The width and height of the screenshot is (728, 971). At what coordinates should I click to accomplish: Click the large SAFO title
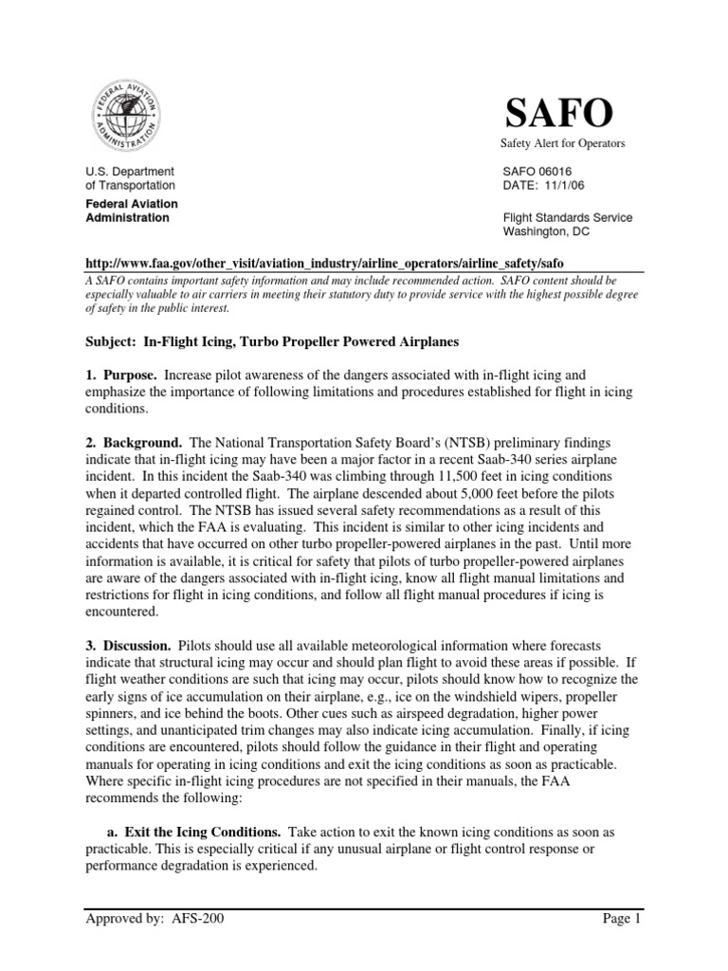(x=556, y=114)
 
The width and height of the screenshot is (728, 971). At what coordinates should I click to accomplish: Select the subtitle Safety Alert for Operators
(x=563, y=143)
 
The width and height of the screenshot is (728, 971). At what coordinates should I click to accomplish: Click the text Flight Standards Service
(x=567, y=217)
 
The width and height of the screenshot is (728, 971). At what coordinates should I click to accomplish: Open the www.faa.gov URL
(x=330, y=262)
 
